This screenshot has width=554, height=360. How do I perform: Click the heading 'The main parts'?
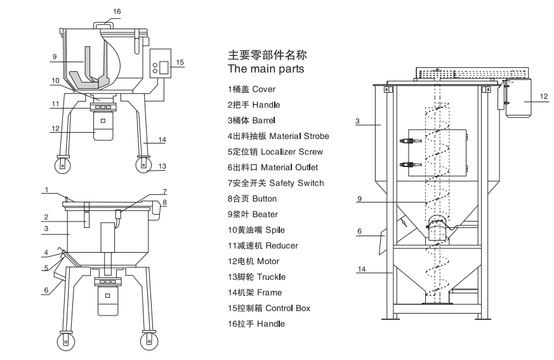tap(265, 67)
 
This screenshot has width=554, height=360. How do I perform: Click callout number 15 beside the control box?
tap(180, 62)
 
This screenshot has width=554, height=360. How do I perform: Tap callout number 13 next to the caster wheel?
tap(162, 166)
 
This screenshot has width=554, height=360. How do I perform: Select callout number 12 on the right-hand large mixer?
tap(543, 97)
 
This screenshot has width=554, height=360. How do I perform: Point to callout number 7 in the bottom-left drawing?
tap(164, 190)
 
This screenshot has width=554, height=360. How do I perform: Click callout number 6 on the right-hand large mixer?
tap(359, 232)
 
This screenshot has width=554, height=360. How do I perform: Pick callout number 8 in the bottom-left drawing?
tap(165, 203)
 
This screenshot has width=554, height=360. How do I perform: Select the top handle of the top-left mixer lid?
tap(104, 23)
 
